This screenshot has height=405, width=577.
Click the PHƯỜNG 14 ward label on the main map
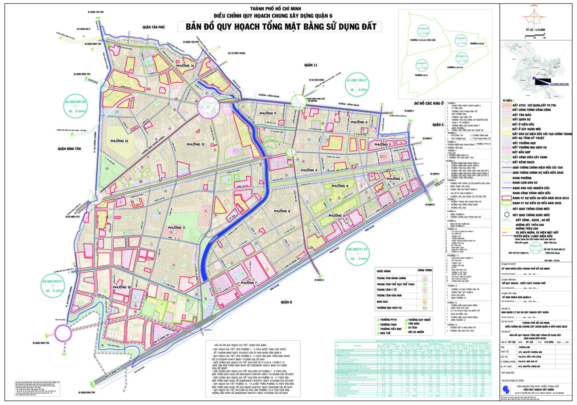[184, 66]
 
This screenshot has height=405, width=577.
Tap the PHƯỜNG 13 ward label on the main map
[119, 141]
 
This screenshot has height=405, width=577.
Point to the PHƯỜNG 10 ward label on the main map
[122, 287]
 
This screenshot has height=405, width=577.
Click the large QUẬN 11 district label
[311, 65]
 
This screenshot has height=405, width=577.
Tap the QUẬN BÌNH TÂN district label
[69, 149]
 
